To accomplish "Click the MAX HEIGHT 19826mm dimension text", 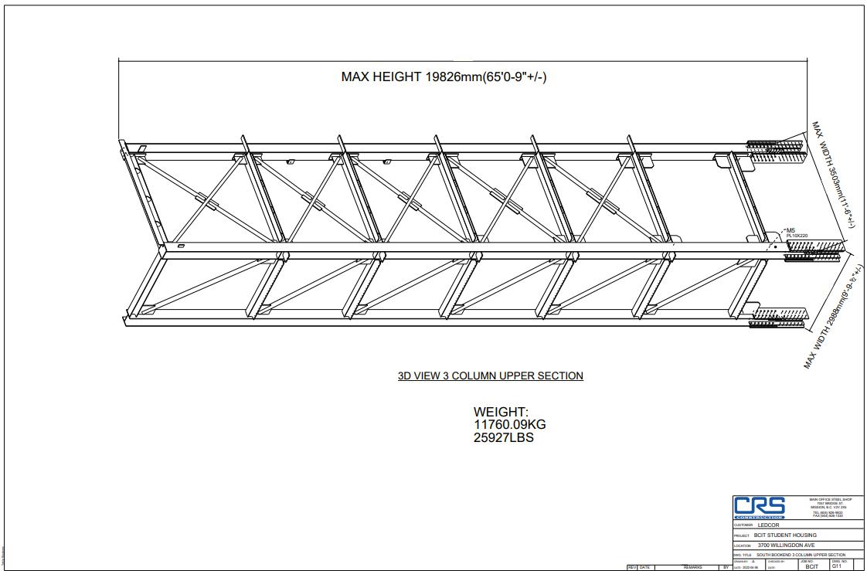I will point(444,76).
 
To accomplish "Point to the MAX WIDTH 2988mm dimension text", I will point(834,318).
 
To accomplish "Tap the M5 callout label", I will point(790,229).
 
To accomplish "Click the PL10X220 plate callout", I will point(797,236).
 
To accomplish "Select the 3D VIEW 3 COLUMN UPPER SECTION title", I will point(490,376).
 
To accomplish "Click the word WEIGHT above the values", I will point(501,413).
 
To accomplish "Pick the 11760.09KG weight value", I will point(509,425).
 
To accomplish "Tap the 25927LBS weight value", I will point(503,437).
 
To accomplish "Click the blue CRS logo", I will point(759,507).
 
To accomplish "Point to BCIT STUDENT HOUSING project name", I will point(785,535).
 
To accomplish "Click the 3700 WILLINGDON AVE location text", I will point(786,545).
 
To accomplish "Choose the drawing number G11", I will point(836,566).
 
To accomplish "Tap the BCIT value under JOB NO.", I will point(811,566).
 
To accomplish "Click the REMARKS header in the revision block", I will point(692,567).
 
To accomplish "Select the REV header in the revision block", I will point(631,567).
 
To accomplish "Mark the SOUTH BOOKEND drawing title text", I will point(801,555).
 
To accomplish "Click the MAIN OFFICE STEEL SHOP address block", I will point(831,507).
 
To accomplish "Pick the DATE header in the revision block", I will point(644,567).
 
